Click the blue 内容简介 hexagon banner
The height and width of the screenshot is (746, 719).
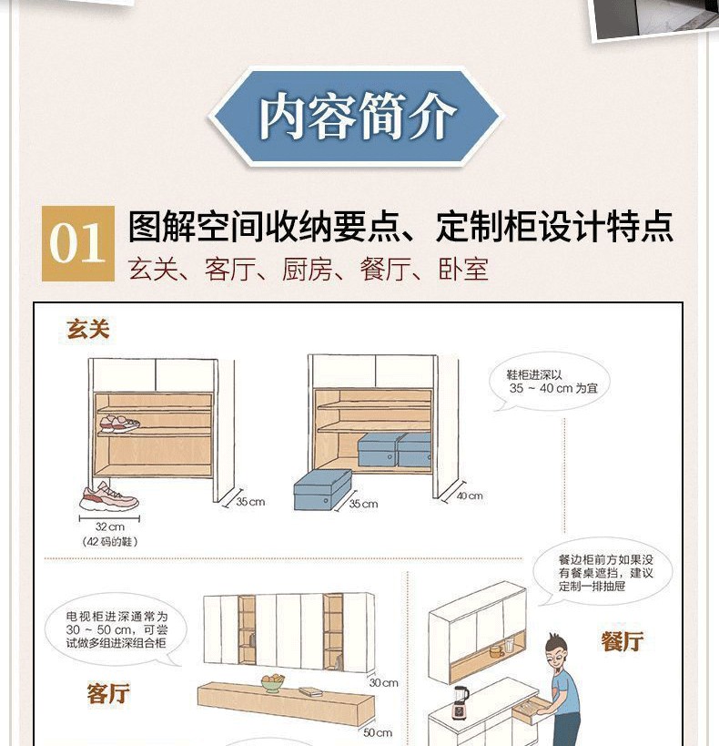tap(355, 118)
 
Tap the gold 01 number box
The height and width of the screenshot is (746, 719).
tap(78, 243)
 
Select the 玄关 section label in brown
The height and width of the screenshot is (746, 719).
tap(88, 330)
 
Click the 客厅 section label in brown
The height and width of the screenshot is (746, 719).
tap(108, 692)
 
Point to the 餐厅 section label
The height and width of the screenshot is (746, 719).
tap(623, 641)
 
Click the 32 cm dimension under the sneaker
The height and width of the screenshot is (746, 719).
tap(110, 526)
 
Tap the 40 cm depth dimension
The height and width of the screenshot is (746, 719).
tap(470, 496)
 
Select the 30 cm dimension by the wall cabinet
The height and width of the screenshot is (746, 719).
tap(383, 683)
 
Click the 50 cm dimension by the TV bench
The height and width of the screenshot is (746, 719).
tap(378, 733)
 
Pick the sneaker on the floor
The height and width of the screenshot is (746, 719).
tap(109, 496)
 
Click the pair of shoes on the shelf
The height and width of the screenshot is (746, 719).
tap(119, 424)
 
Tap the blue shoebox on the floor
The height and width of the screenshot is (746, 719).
tap(323, 490)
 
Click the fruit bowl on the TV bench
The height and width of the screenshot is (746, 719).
tap(273, 683)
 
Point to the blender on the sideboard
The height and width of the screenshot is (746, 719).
tap(461, 702)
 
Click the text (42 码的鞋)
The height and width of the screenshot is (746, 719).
tap(110, 541)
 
